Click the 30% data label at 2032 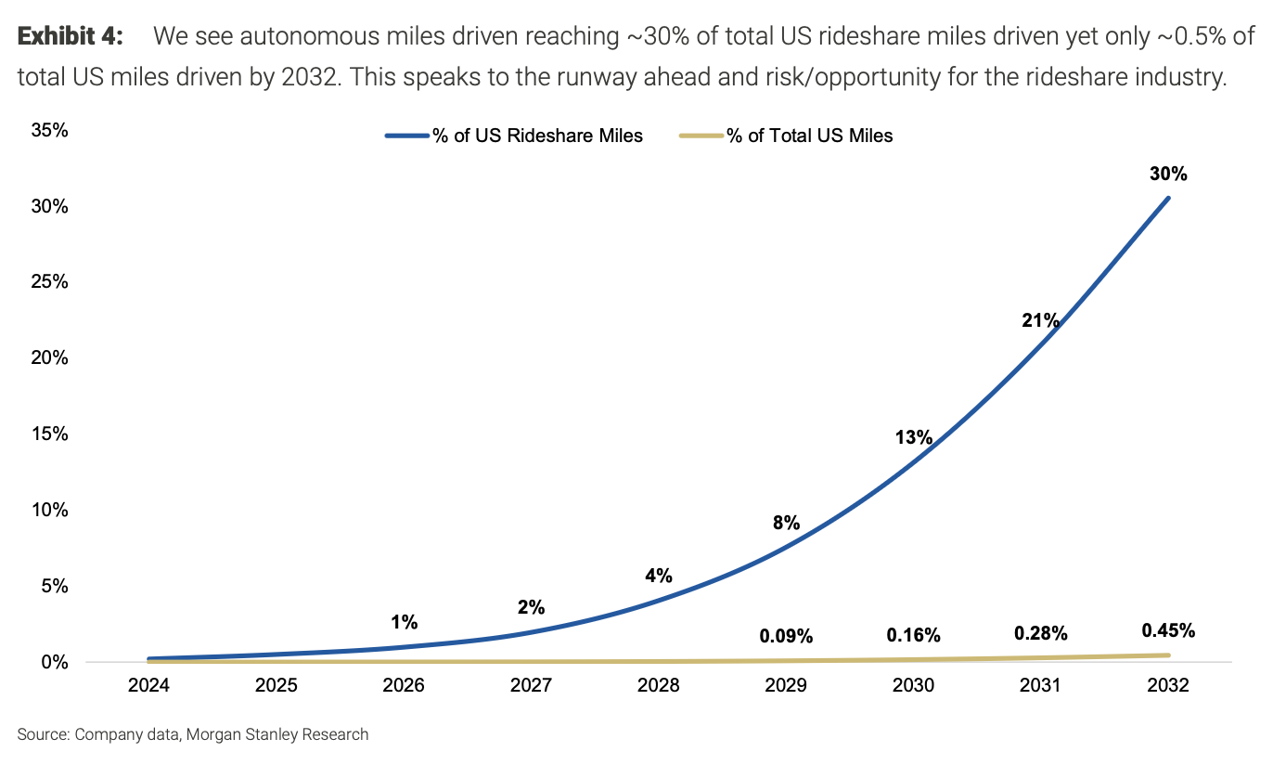pos(1168,174)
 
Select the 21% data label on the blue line pos(1040,321)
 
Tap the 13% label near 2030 pos(913,437)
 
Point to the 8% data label pos(786,523)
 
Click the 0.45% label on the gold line pos(1168,630)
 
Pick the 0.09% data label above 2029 pos(786,636)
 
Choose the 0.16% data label pos(913,635)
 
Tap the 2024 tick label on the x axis pos(148,685)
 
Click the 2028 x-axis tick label pos(658,685)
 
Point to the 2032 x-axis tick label pos(1168,685)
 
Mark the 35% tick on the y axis pos(49,130)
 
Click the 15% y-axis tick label pos(49,434)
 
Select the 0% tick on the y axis pos(54,662)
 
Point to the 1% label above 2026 pos(404,622)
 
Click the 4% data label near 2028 pos(658,576)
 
